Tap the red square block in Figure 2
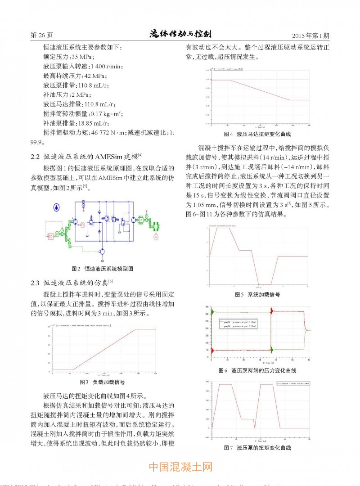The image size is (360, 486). pyautogui.click(x=51, y=236)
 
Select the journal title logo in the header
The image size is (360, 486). pyautogui.click(x=180, y=34)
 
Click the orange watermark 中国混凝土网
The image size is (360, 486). pyautogui.click(x=180, y=467)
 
